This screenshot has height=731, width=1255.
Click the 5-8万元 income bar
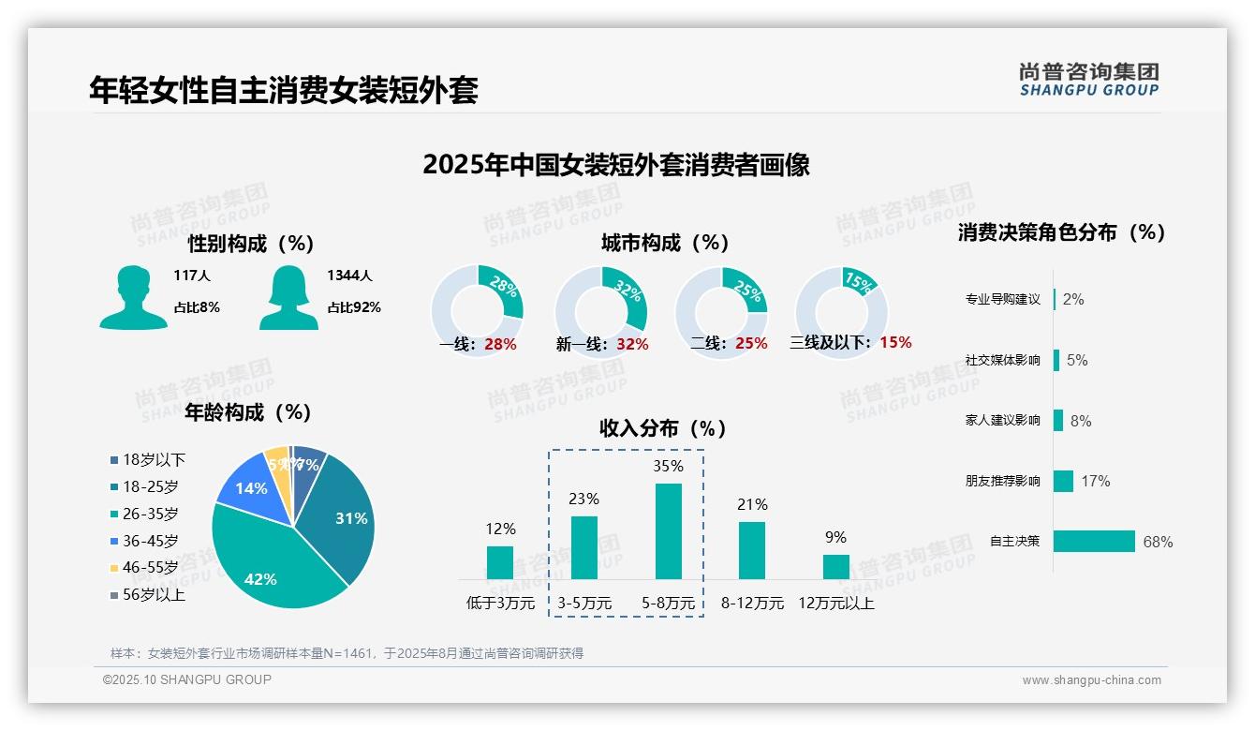[x=668, y=531]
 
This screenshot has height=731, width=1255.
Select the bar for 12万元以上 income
[x=835, y=567]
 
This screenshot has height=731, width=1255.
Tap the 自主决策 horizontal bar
[x=1094, y=541]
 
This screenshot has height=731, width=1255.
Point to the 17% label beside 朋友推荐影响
[x=1095, y=481]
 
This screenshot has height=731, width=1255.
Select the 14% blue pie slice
[x=251, y=487]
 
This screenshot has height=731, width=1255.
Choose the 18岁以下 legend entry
[x=148, y=459]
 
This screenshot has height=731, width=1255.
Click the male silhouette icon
[x=133, y=297]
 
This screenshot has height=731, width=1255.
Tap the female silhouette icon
[x=288, y=297]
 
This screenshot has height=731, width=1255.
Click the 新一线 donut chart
[x=600, y=312]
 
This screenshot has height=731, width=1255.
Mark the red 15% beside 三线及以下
[x=895, y=342]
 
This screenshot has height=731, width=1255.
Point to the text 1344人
[x=349, y=276]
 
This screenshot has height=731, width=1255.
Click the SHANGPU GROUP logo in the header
[x=1088, y=80]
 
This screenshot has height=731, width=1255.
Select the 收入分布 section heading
[x=663, y=428]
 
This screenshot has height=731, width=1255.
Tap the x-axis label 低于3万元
[x=500, y=604]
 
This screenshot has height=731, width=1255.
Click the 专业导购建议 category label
[x=1002, y=299]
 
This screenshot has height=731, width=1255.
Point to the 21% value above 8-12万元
[x=752, y=504]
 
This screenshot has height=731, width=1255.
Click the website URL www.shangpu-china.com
[x=1091, y=680]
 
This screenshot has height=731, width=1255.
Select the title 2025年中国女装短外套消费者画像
[x=615, y=165]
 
